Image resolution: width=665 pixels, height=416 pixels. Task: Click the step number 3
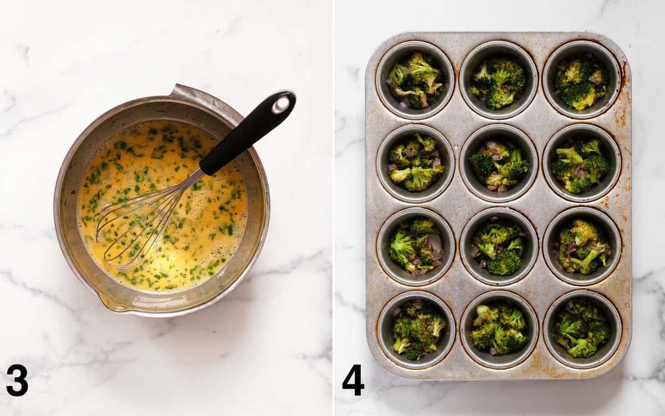pyautogui.click(x=17, y=380)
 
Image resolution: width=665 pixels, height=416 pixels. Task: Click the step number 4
pyautogui.click(x=353, y=380)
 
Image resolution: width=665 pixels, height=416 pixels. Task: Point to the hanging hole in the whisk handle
pyautogui.click(x=281, y=104)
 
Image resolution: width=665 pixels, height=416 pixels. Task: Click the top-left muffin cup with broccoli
pyautogui.click(x=415, y=80)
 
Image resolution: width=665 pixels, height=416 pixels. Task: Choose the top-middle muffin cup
pyautogui.click(x=499, y=80)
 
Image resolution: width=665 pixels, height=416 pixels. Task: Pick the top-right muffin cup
pyautogui.click(x=582, y=80)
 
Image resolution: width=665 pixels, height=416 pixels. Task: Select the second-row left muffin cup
pyautogui.click(x=416, y=163)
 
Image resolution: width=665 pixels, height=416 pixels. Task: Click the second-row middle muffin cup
pyautogui.click(x=499, y=163)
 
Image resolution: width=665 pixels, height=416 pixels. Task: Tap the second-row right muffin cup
pyautogui.click(x=582, y=163)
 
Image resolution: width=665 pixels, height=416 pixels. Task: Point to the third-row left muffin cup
pyautogui.click(x=416, y=246)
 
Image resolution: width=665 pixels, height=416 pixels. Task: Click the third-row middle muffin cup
pyautogui.click(x=499, y=246)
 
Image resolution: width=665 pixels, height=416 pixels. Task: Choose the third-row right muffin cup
pyautogui.click(x=582, y=246)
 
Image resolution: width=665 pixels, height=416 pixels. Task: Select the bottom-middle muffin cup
pyautogui.click(x=499, y=329)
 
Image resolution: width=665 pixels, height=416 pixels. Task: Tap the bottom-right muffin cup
pyautogui.click(x=582, y=329)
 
